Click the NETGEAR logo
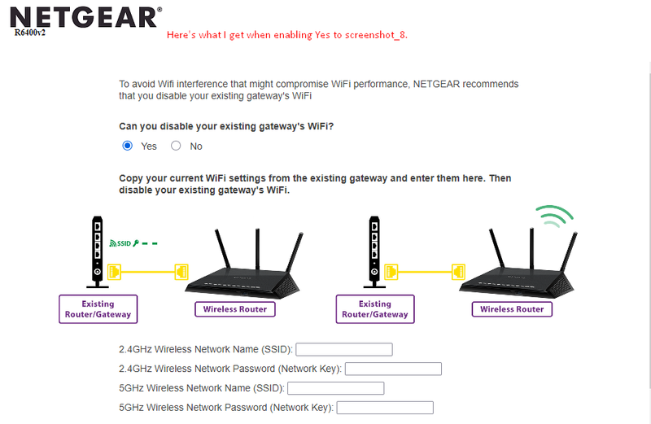(85, 18)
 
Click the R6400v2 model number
(30, 33)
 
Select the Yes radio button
(128, 146)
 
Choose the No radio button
(176, 146)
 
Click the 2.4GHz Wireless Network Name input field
(344, 349)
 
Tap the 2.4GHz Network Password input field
(393, 369)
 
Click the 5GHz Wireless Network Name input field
(336, 388)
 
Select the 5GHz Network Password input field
(385, 408)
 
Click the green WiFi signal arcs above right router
(555, 216)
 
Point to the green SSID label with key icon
(133, 243)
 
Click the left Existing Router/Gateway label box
(98, 309)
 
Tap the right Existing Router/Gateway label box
(375, 309)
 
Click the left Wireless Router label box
(235, 309)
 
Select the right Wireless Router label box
(512, 309)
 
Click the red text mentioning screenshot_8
(287, 35)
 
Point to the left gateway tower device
(97, 251)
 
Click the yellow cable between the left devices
(148, 272)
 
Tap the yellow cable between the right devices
(425, 272)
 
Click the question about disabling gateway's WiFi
(226, 126)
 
